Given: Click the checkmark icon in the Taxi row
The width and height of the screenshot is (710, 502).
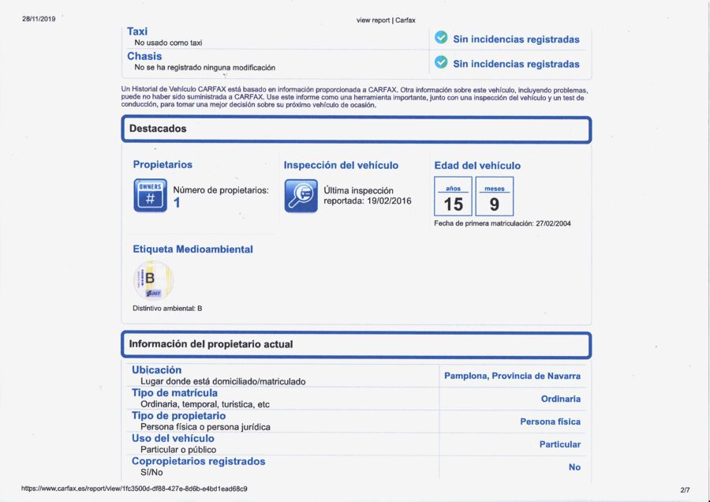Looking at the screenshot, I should tap(441, 38).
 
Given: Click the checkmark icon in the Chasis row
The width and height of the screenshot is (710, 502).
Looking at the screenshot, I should tap(441, 63).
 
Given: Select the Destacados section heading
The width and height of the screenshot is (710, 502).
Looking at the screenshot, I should tap(158, 128).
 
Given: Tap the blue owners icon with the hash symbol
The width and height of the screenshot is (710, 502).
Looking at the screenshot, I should tap(150, 196).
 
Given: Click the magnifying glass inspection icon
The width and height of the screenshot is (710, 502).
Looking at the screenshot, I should tap(301, 196).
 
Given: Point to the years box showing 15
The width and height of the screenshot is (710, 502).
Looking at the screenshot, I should tap(453, 197).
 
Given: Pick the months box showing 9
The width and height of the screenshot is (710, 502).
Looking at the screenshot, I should tap(495, 197).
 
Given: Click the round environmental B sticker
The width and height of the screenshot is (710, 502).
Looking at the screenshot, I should tap(153, 280).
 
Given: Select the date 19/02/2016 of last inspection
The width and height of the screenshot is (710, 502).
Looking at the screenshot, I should tap(390, 201).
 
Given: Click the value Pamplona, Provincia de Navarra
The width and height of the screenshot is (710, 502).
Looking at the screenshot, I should tap(512, 376).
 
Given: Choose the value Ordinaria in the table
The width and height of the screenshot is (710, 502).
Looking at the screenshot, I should tap(560, 399).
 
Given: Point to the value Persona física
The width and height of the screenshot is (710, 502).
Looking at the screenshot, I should tap(550, 421).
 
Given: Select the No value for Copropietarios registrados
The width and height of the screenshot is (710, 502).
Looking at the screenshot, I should tap(574, 467).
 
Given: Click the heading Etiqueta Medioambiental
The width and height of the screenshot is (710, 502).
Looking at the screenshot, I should tap(192, 249).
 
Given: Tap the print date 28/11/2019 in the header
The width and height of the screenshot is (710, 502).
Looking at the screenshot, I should tap(39, 18).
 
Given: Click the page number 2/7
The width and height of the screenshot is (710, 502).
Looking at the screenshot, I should tap(684, 489).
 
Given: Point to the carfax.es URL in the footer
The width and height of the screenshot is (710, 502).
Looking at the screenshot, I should tap(134, 489).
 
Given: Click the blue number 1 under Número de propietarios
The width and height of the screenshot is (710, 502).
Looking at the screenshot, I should tap(177, 203).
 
